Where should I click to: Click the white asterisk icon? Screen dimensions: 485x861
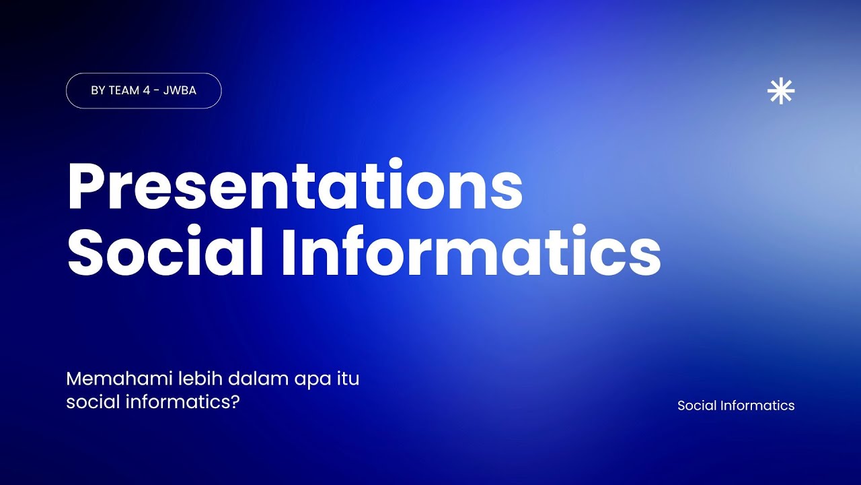[x=781, y=91]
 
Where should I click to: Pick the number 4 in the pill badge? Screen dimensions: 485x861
[x=147, y=90]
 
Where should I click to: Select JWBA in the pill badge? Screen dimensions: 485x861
[x=180, y=90]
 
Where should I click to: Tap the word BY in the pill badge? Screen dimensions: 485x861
[x=98, y=90]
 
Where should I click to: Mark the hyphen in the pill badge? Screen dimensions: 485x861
[x=157, y=91]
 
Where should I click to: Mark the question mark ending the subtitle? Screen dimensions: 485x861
[x=235, y=402]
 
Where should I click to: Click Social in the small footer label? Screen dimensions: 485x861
[x=696, y=406]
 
